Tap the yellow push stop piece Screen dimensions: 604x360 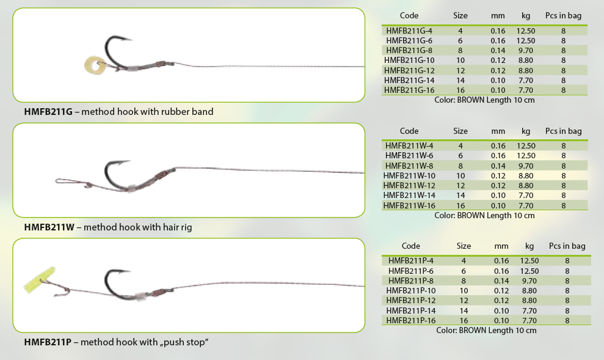click(x=40, y=279)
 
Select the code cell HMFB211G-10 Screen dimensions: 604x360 click(x=409, y=60)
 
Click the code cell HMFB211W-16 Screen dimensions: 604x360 click(x=409, y=205)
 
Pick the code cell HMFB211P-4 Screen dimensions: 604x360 click(x=410, y=261)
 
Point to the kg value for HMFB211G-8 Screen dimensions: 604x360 click(x=525, y=51)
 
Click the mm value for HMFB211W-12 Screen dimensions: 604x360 click(x=498, y=185)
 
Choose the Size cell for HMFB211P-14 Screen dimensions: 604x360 click(x=464, y=310)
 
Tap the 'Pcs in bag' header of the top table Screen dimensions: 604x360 click(x=563, y=16)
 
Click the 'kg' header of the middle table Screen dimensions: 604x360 click(x=526, y=131)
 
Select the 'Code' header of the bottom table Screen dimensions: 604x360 click(x=410, y=246)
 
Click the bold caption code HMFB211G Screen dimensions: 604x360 click(x=48, y=112)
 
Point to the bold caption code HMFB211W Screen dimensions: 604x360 click(x=49, y=227)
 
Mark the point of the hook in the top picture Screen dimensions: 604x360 click(x=132, y=39)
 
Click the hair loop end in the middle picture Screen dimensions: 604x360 click(x=56, y=180)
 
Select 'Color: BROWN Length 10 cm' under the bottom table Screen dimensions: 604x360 click(x=486, y=330)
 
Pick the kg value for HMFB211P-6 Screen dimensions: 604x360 click(x=529, y=271)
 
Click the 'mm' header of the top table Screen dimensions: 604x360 click(x=498, y=16)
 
